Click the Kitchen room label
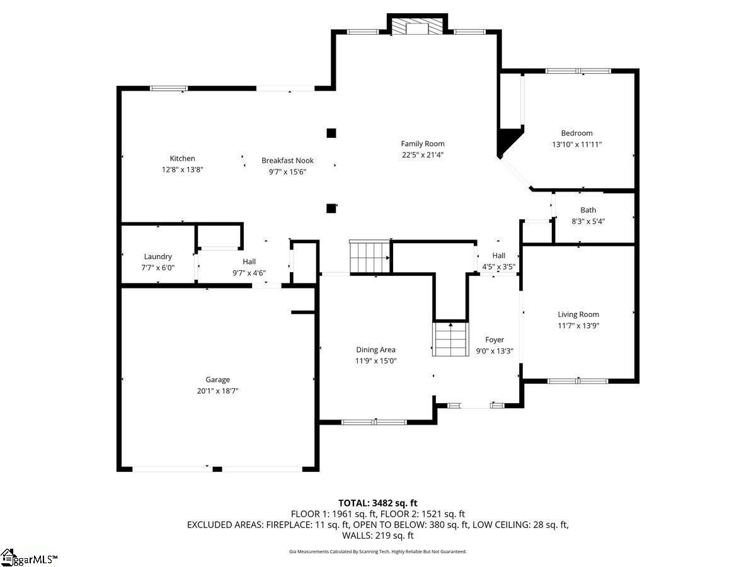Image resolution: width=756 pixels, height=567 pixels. [x=182, y=158]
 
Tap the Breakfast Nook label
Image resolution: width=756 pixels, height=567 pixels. [x=287, y=161]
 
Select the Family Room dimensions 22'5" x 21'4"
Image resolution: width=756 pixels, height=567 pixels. [x=423, y=155]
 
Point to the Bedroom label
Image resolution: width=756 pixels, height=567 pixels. [x=576, y=133]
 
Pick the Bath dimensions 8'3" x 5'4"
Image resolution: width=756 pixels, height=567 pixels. [x=588, y=221]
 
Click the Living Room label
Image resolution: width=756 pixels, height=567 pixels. [x=578, y=314]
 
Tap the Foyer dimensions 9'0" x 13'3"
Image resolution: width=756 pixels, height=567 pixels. [x=495, y=351]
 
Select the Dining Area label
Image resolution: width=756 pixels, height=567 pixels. [x=375, y=350]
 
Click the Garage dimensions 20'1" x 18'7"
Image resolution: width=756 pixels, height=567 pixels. [x=218, y=391]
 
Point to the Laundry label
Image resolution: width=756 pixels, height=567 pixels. [x=157, y=256]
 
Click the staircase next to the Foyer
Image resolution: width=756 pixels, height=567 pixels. [x=451, y=339]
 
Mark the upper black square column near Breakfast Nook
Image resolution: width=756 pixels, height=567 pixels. [x=331, y=133]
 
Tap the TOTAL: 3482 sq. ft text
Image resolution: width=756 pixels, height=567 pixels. [x=378, y=503]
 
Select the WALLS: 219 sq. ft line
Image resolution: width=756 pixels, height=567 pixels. [x=378, y=535]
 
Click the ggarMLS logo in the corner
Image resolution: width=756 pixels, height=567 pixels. [x=28, y=558]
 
